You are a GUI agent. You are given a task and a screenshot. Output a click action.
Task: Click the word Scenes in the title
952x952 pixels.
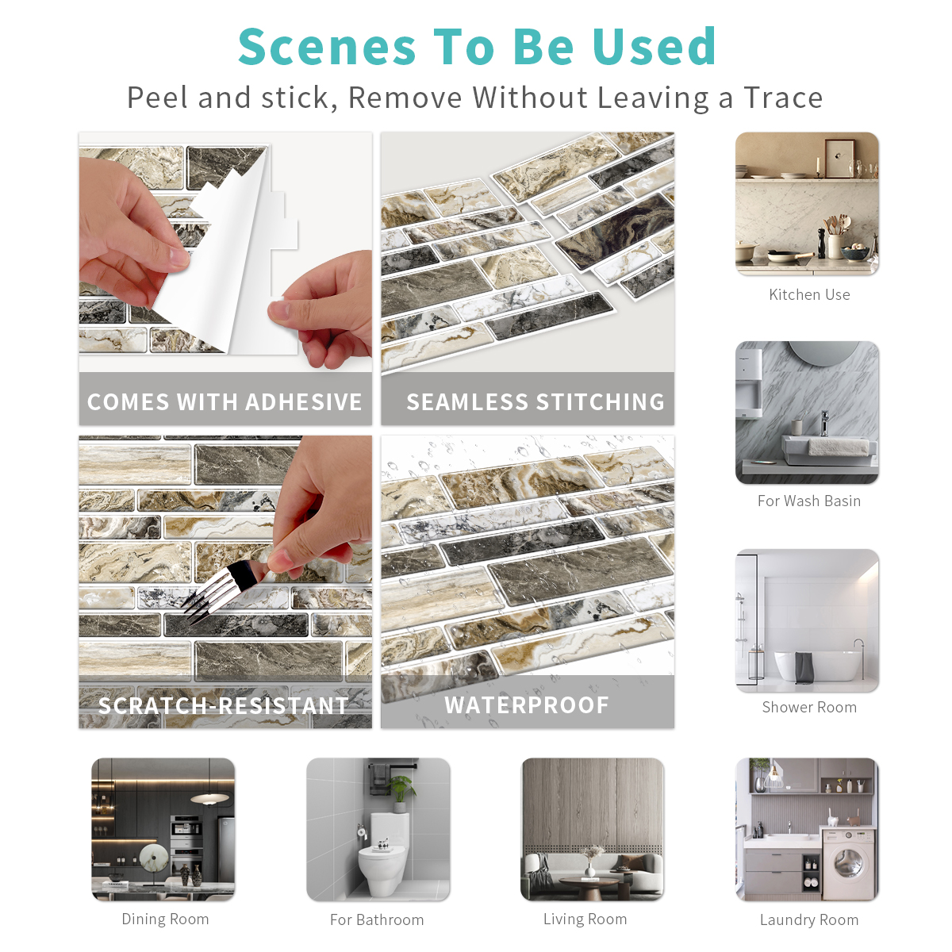point(327,47)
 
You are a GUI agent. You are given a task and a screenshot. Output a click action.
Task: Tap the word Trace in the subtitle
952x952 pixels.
point(783,98)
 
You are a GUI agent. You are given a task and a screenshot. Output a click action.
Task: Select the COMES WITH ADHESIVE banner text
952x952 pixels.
point(225,401)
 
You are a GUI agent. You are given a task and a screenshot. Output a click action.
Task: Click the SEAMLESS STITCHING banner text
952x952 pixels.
point(535,401)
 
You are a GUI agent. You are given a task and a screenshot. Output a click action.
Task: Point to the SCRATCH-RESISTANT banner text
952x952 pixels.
point(223,705)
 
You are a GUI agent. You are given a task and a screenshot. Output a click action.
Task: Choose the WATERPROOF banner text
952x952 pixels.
point(527,705)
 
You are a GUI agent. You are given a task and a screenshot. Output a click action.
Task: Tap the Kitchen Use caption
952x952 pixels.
point(809,295)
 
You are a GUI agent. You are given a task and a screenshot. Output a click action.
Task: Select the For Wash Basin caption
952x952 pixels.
point(809,501)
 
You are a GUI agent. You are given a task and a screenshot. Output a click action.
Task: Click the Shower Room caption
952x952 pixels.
point(809,707)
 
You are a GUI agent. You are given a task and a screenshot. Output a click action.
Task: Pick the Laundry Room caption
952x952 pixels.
point(809,920)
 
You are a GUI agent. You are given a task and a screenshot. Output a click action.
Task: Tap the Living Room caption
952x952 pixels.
point(585,919)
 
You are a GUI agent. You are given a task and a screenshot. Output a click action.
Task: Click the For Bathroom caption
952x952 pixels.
point(377,920)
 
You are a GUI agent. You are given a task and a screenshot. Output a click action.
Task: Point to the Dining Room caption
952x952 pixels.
point(165,919)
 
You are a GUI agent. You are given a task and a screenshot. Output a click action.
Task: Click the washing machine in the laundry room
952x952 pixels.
point(848,865)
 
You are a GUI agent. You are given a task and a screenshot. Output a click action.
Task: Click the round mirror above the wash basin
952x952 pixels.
point(823,351)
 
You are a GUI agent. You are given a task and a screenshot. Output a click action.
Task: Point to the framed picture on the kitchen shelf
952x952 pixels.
point(840,158)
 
